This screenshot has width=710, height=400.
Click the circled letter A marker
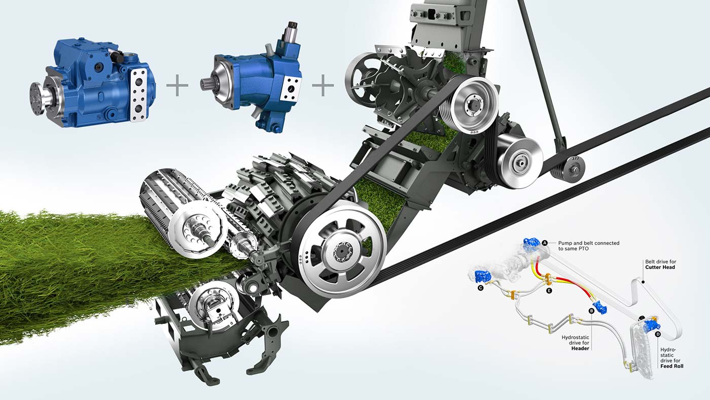pos(545,243)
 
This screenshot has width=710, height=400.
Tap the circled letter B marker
pos(591,311)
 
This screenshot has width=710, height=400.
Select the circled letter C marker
pos(481,288)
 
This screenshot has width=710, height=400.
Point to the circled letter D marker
pos(658,334)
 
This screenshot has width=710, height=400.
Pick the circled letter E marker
pos(549,290)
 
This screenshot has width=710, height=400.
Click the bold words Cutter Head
pos(660,268)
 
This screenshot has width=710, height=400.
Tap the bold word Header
pos(580,348)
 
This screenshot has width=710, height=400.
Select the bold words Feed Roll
pos(672,366)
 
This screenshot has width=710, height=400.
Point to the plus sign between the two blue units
pos(177,85)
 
